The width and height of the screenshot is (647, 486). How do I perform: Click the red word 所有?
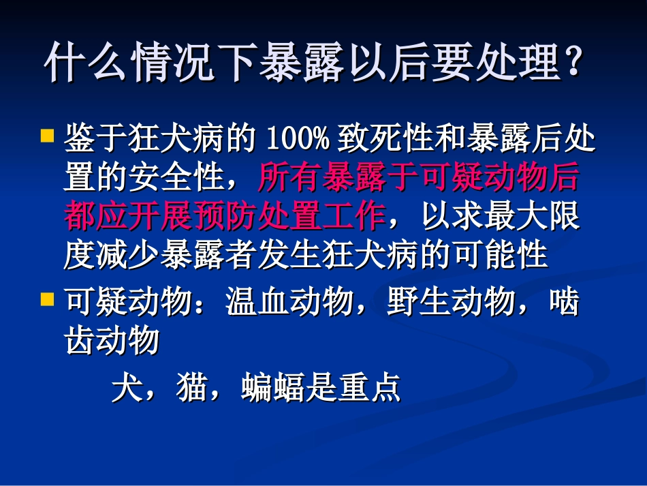pos(282,179)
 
